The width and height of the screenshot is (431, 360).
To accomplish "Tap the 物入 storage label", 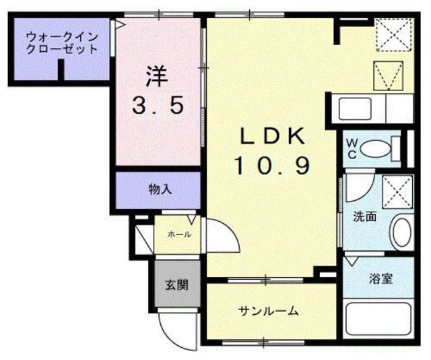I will click(159, 189).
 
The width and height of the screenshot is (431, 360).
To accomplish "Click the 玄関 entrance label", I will click(176, 284).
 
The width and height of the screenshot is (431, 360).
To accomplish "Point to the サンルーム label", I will click(268, 311).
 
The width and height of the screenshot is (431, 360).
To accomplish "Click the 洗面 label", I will click(365, 218).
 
